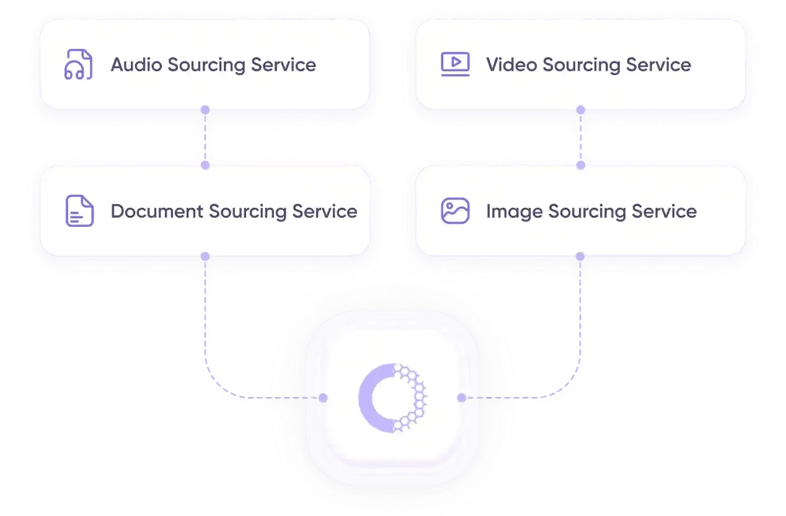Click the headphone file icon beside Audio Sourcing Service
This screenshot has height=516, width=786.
point(79,64)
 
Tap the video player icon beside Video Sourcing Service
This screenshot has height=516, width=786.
point(455,64)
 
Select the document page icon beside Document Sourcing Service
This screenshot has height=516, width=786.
point(79,211)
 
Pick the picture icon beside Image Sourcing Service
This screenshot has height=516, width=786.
point(455,211)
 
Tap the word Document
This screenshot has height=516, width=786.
point(157,211)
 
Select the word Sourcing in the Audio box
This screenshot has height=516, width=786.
point(206,65)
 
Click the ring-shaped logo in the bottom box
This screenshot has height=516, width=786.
point(392,398)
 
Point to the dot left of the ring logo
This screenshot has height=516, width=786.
point(323,398)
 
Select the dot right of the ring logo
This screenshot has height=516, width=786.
point(461,398)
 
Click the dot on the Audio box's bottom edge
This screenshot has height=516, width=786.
point(205,110)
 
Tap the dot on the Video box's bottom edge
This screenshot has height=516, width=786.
point(580,110)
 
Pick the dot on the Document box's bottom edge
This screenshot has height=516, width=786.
point(205,256)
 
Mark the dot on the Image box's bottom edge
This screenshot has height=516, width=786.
point(580,256)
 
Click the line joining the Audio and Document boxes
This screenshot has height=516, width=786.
point(205,138)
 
